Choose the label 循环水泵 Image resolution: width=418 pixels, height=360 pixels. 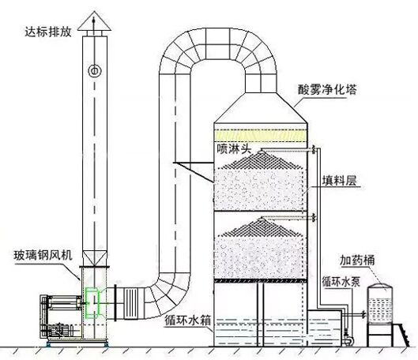(x=344, y=280)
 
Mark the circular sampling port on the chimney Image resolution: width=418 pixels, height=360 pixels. (x=95, y=72)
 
